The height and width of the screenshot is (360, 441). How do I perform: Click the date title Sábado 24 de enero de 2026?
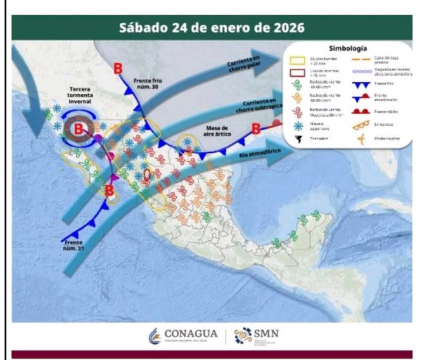click(x=212, y=29)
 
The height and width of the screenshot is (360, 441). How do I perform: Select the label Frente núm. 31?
click(x=75, y=245)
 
